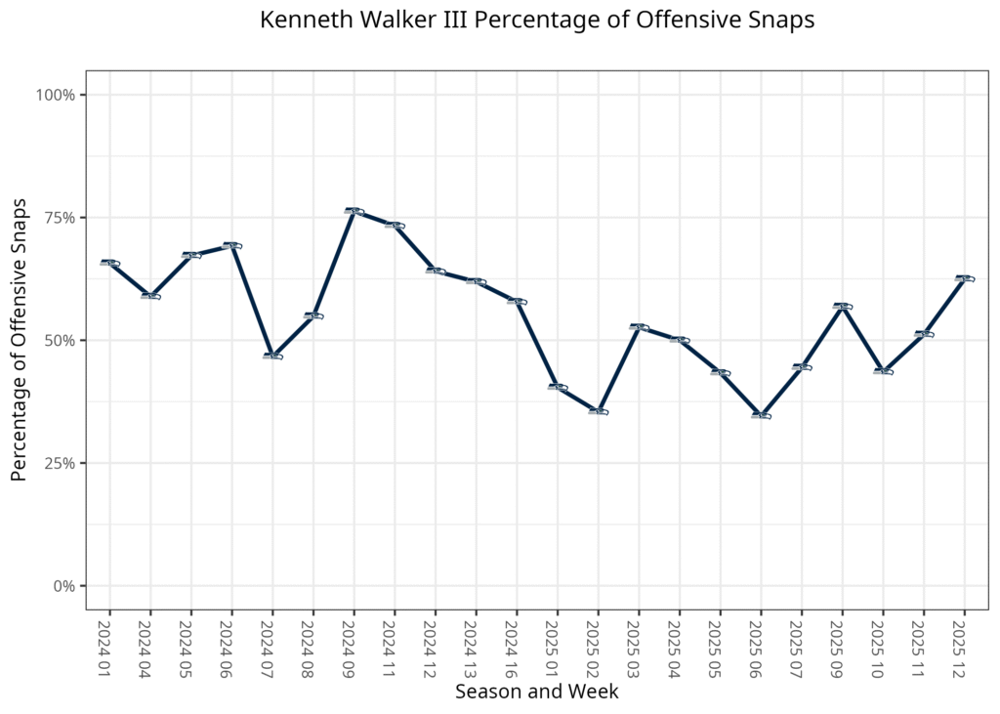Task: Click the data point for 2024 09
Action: point(354,211)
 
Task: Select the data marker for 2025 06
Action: point(762,415)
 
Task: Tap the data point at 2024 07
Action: point(272,356)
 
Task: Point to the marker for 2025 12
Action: point(965,278)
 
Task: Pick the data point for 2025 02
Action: point(599,411)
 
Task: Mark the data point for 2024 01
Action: point(109,263)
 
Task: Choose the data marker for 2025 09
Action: point(843,307)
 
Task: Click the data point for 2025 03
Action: point(639,327)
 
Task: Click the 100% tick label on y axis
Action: point(56,95)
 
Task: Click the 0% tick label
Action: point(63,586)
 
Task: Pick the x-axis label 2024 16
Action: point(517,646)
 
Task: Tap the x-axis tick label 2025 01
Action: point(558,646)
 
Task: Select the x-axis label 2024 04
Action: point(149,646)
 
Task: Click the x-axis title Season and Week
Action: point(536,692)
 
